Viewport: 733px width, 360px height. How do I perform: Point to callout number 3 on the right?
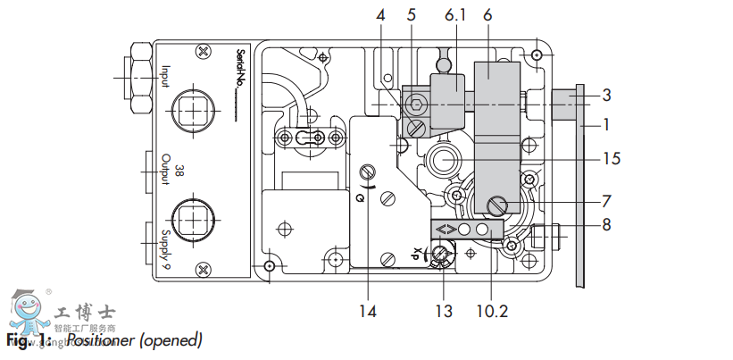tap(606, 95)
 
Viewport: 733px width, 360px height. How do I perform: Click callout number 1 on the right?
tap(606, 123)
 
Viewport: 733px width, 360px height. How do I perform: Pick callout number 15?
tap(611, 159)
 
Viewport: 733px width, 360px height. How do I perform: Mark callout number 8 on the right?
tap(606, 224)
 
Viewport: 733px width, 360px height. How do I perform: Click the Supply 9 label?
tap(166, 247)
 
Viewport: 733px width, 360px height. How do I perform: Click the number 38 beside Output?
tap(179, 170)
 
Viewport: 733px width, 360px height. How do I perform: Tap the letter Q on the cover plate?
tap(360, 197)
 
